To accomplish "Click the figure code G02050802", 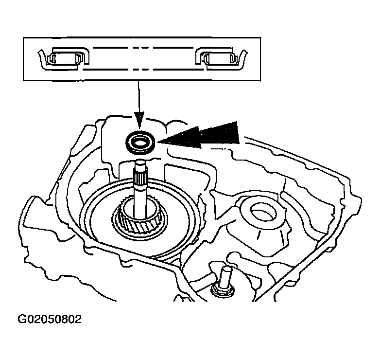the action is (50, 319).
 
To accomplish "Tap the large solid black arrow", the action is (198, 135).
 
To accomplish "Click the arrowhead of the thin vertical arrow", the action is (139, 120).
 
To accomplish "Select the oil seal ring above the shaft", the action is (140, 143).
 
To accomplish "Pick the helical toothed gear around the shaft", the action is (139, 221).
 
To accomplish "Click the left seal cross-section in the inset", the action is (64, 59).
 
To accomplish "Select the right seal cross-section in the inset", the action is (221, 59).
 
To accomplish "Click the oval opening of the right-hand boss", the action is (263, 211).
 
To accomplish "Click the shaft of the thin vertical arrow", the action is (138, 96).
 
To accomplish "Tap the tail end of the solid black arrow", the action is (238, 132).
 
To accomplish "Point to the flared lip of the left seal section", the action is (42, 59).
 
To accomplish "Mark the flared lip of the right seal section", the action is (243, 59).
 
